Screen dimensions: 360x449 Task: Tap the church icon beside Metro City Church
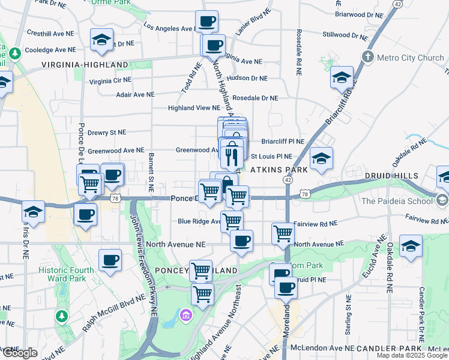(x=368, y=58)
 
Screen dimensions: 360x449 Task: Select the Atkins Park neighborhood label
(x=279, y=170)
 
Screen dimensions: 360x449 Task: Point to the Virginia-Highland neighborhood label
(x=85, y=65)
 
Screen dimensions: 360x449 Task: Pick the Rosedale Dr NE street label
(x=255, y=98)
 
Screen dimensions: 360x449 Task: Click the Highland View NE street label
(x=193, y=108)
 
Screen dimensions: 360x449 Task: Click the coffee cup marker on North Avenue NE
(x=241, y=241)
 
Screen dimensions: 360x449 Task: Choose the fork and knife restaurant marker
(x=231, y=156)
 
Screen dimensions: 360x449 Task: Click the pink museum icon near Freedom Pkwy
(x=186, y=314)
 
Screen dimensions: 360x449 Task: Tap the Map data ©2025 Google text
(x=412, y=355)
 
